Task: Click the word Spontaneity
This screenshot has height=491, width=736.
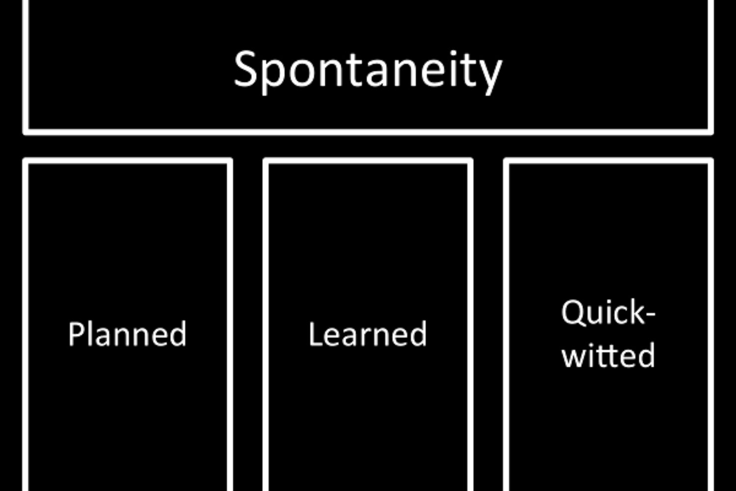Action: pos(368,70)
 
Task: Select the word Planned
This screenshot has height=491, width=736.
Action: pos(127,334)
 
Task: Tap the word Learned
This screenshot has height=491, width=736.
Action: pos(368,334)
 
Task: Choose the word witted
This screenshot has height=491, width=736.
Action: pos(608,355)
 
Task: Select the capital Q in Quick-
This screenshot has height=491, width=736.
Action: pos(572,313)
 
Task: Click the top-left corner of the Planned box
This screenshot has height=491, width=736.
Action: pos(26,161)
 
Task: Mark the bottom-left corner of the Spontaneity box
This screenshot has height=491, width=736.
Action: pos(26,132)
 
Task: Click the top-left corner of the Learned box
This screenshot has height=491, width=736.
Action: pos(266,161)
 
